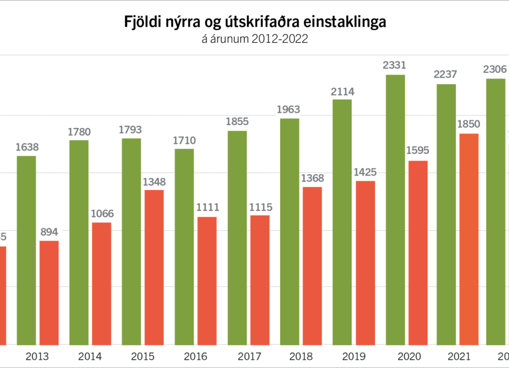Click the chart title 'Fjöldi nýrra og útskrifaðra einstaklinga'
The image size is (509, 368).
tap(254, 22)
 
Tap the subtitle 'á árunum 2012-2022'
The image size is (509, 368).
tap(254, 40)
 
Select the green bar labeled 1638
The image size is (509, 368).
tap(27, 250)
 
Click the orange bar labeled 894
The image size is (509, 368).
tap(49, 293)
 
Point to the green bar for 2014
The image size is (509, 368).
tap(79, 242)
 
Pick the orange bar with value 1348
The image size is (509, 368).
tap(154, 267)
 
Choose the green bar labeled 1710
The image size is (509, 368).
tap(184, 246)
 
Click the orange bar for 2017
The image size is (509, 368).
tap(260, 280)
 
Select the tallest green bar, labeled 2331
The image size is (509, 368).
tap(395, 209)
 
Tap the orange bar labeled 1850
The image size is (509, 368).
tap(469, 239)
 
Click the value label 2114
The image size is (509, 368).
tap(343, 92)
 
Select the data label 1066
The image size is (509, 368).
tap(102, 214)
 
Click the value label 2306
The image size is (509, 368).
tap(496, 70)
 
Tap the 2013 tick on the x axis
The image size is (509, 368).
tap(37, 357)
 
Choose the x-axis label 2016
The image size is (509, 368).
tap(195, 357)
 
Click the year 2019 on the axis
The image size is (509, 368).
tap(354, 357)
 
